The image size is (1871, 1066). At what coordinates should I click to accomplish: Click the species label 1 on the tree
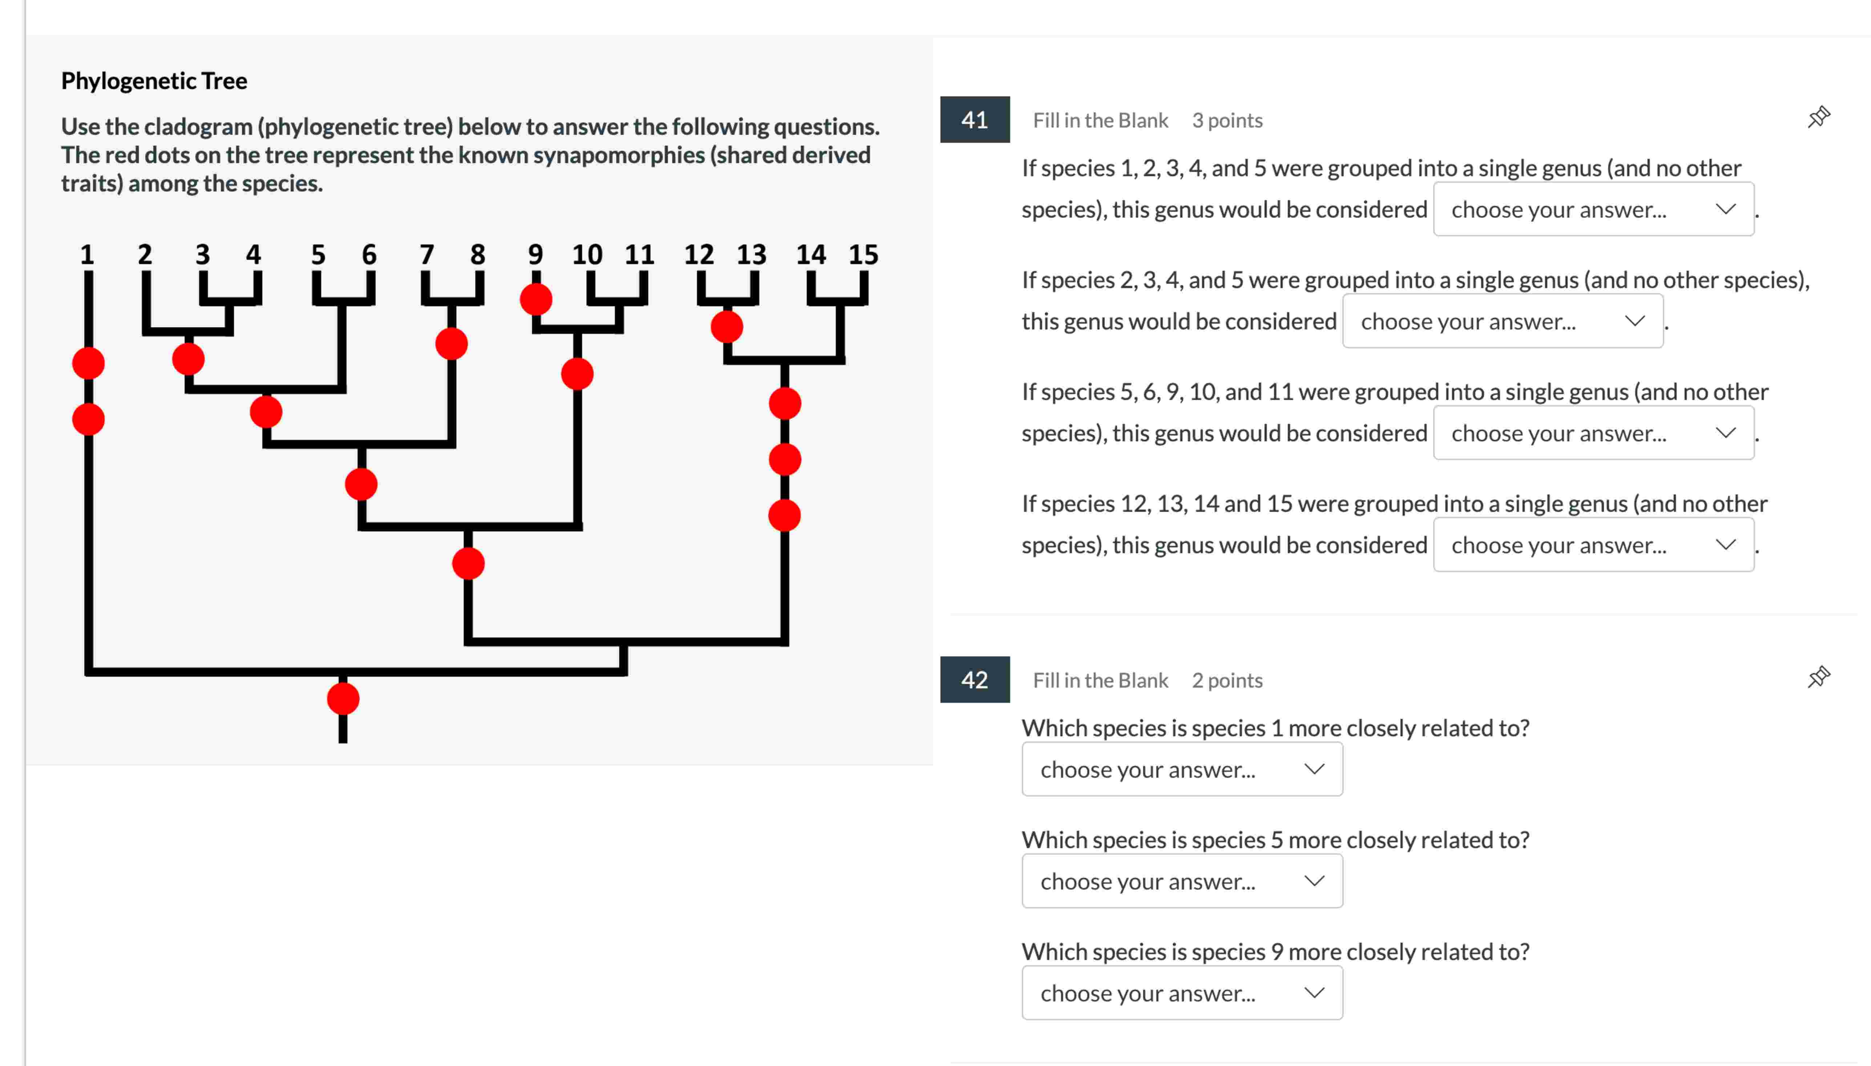pyautogui.click(x=87, y=255)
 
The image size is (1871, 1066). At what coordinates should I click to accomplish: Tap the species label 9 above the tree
pyautogui.click(x=535, y=255)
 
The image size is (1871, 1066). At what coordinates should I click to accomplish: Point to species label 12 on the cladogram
pyautogui.click(x=699, y=255)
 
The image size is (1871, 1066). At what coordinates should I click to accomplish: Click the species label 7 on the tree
pyautogui.click(x=426, y=255)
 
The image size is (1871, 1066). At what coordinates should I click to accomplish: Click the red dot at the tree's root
pyautogui.click(x=343, y=698)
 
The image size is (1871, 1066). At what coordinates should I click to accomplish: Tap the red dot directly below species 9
pyautogui.click(x=536, y=299)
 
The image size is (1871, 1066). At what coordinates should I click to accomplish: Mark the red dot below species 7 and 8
pyautogui.click(x=451, y=344)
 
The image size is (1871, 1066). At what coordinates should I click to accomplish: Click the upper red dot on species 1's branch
pyautogui.click(x=89, y=363)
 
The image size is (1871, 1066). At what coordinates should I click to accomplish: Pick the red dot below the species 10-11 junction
pyautogui.click(x=577, y=374)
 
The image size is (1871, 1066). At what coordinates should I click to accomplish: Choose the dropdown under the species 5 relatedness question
pyautogui.click(x=1182, y=881)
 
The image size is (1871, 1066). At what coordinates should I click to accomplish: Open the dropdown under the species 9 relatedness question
pyautogui.click(x=1182, y=993)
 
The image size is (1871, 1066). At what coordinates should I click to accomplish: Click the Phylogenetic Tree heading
pyautogui.click(x=154, y=81)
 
